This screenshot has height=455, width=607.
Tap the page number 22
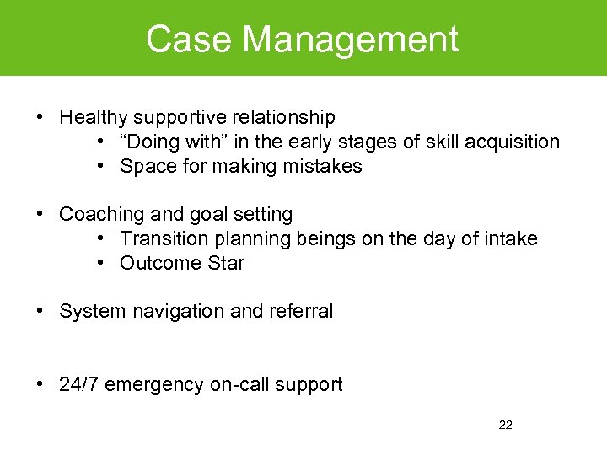click(x=505, y=425)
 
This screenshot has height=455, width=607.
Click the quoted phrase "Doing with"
click(x=180, y=142)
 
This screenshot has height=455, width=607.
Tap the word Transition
click(x=161, y=239)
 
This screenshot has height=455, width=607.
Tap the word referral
click(x=301, y=312)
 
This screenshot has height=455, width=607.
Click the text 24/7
click(x=79, y=385)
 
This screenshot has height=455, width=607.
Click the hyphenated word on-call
click(x=237, y=385)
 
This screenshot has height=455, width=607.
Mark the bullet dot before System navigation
click(x=40, y=312)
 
